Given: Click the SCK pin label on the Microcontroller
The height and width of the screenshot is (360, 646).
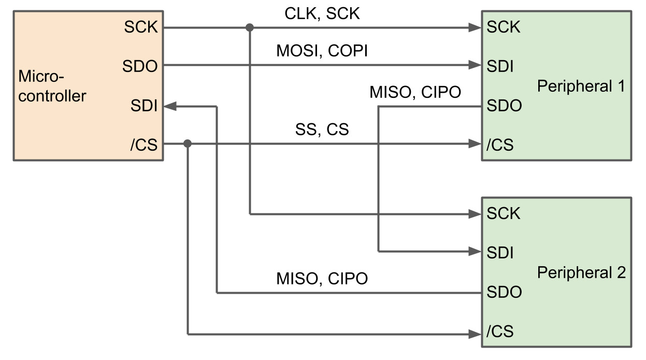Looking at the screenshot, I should [140, 27].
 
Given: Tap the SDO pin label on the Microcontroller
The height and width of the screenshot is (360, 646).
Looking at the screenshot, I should [140, 66].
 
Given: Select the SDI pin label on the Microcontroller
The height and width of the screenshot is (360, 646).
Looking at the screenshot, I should [144, 106].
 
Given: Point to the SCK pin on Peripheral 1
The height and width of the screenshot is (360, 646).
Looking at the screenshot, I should [503, 27].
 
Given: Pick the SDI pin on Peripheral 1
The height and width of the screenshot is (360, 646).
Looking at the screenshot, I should [500, 66].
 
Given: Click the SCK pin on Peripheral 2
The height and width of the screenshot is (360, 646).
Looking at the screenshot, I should [503, 213].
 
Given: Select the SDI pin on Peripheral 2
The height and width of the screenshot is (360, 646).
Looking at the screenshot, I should [500, 252].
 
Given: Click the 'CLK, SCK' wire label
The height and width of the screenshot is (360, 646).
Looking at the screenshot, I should [322, 13].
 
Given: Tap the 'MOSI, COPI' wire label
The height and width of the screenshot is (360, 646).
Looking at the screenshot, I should [322, 52].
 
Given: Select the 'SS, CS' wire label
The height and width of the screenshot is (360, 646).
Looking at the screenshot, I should [322, 129].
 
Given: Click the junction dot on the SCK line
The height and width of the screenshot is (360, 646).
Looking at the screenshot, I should [250, 27].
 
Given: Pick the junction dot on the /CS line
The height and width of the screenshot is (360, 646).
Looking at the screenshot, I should [188, 143].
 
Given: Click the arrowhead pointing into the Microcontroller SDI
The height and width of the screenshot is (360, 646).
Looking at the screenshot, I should [171, 106].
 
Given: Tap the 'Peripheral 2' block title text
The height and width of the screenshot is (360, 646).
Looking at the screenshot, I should [581, 272].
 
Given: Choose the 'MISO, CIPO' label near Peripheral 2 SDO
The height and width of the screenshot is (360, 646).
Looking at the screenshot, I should [322, 279].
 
